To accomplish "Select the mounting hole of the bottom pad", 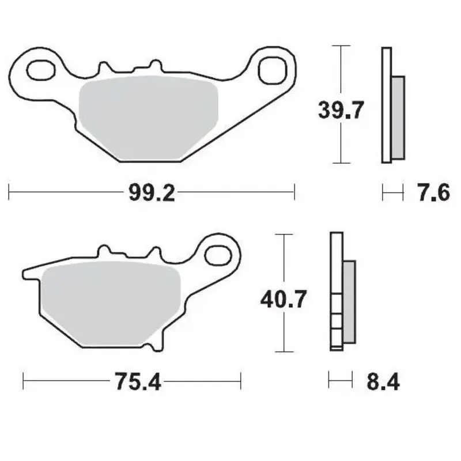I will pos(219,252).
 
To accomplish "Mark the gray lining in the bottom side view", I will pos(349,300).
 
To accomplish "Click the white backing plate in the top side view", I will pos(386,104).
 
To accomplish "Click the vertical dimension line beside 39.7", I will pos(342,144).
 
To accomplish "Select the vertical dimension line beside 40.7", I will pos(282,334).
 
